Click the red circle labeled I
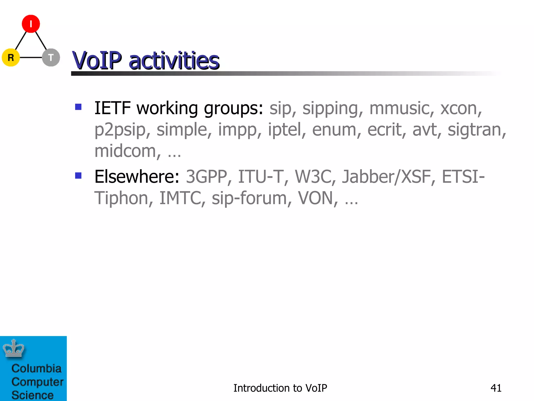pos(31,24)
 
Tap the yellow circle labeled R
pos(11,57)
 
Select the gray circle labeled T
pos(51,57)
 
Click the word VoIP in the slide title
pos(97,61)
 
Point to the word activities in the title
pos(174,61)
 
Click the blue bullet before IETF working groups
pos(78,107)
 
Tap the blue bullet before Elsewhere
pos(78,175)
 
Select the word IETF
pos(112,108)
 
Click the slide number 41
pos(496,388)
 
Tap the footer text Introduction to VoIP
pos(280,388)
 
